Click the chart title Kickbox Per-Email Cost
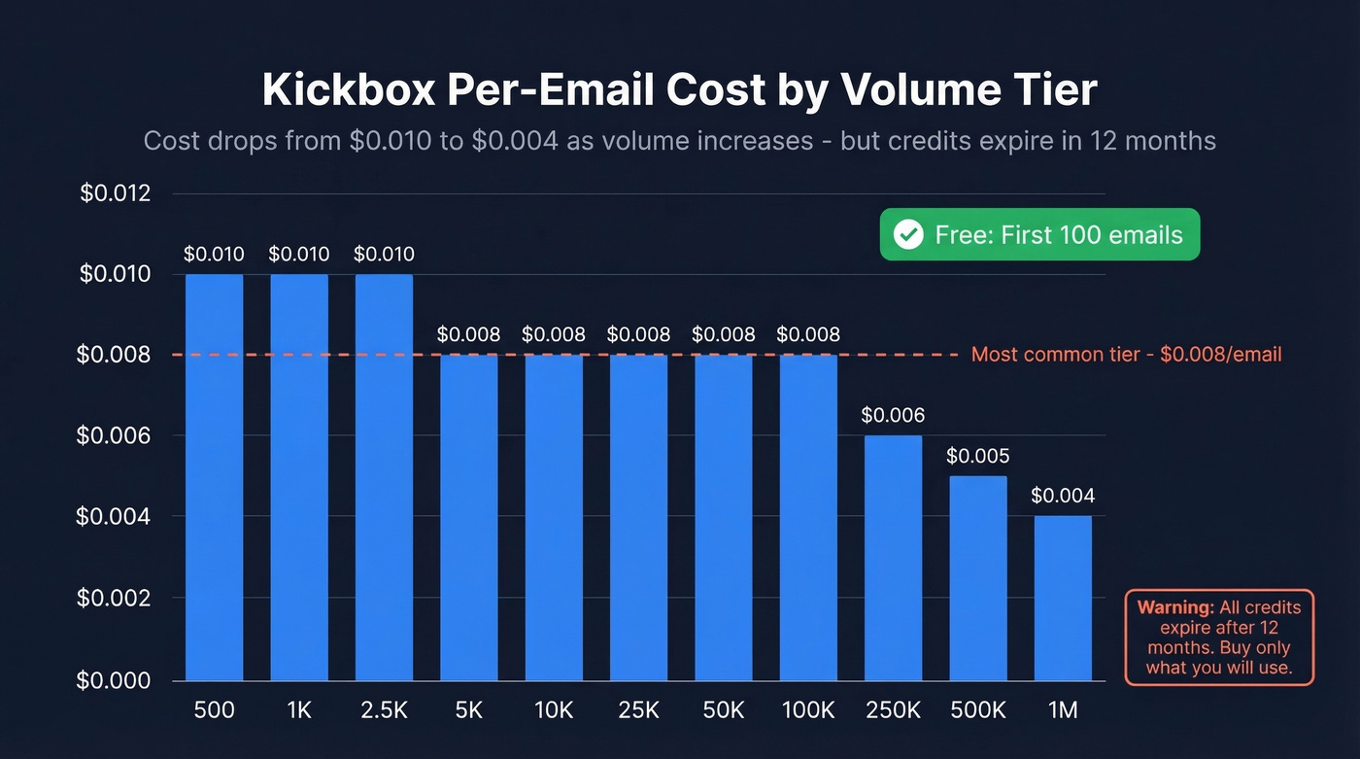[x=679, y=89]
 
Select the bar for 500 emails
[x=214, y=476]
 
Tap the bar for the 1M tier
[x=1063, y=598]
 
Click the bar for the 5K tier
[x=468, y=517]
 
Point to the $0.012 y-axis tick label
[x=116, y=193]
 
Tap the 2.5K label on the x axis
[x=384, y=710]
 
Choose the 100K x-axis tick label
[x=808, y=710]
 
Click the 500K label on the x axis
[x=978, y=710]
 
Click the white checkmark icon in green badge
[x=908, y=235]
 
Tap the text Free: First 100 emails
[x=1059, y=235]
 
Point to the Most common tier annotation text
[x=1126, y=355]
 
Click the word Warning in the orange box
[x=1175, y=608]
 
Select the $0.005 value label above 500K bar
[x=978, y=456]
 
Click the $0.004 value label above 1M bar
[x=1063, y=496]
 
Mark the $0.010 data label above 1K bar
[x=299, y=255]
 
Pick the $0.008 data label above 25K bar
[x=638, y=335]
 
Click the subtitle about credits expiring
[x=679, y=141]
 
